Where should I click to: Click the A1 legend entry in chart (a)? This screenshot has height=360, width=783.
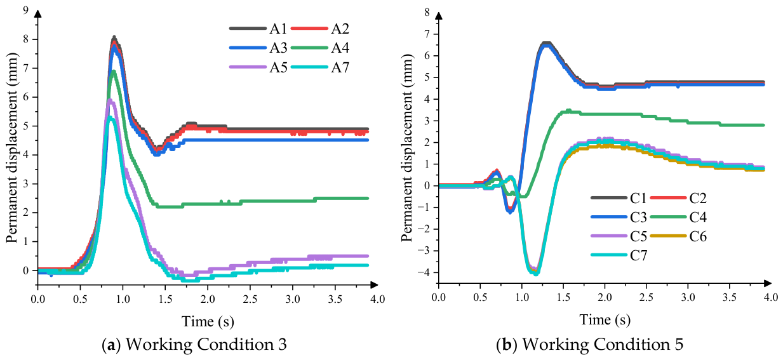258,29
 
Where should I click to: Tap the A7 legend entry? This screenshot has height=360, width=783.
320,67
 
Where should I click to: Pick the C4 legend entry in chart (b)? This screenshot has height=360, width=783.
678,217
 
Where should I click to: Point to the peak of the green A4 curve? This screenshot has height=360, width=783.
113,72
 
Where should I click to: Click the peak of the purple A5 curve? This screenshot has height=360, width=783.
110,101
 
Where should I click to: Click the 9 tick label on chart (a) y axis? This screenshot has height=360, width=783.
25,10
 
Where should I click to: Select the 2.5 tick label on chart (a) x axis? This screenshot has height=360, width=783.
250,299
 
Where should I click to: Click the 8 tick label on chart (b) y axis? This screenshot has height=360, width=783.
427,12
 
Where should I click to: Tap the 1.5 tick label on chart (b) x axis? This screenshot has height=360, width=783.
563,297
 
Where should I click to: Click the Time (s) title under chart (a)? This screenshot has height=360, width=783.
208,321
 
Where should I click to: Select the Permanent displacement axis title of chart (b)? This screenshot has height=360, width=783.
407,147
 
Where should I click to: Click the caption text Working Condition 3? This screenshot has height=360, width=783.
206,345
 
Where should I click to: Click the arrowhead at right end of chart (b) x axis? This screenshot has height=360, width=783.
768,283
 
